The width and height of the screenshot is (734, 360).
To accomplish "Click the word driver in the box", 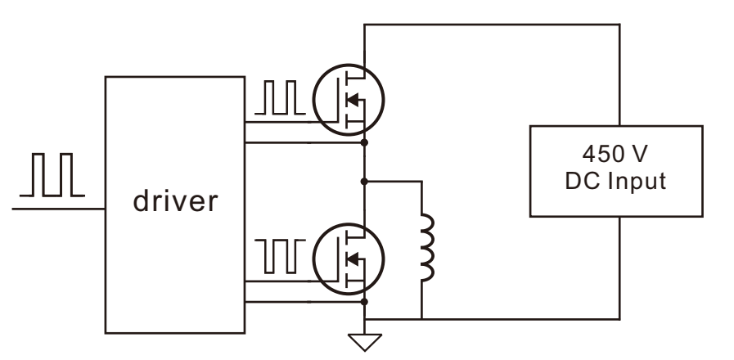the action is pyautogui.click(x=176, y=200).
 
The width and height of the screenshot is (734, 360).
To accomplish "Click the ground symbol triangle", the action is pyautogui.click(x=365, y=342).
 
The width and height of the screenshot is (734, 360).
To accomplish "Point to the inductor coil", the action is pyautogui.click(x=428, y=247).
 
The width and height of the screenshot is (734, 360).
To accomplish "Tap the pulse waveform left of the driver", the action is pyautogui.click(x=52, y=174).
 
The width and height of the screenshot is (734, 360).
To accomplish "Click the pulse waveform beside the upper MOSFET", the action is pyautogui.click(x=280, y=97).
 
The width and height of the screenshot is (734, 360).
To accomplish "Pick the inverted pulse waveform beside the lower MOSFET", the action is pyautogui.click(x=280, y=256).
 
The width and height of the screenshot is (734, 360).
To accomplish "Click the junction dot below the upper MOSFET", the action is pyautogui.click(x=365, y=142).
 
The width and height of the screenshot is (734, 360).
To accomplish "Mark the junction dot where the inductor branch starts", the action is pyautogui.click(x=365, y=181).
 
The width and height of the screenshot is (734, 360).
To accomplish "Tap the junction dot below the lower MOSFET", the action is pyautogui.click(x=365, y=302).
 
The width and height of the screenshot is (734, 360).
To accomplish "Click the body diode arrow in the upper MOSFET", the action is pyautogui.click(x=352, y=100).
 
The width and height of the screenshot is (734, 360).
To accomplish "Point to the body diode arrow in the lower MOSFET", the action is pyautogui.click(x=352, y=259).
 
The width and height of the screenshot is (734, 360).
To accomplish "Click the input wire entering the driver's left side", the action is pyautogui.click(x=59, y=209).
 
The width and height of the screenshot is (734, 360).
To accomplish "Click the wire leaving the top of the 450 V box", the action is pyautogui.click(x=619, y=75).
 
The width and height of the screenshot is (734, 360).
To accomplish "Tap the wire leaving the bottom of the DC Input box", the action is pyautogui.click(x=619, y=268).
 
